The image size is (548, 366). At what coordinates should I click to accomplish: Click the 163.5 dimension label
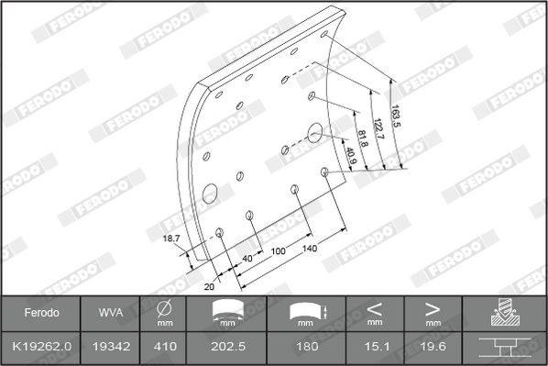point(395,116)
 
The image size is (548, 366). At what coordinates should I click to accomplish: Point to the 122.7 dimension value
point(378,128)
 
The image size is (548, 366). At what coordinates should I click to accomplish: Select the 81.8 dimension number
point(363,139)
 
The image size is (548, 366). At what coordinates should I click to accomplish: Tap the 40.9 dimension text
point(351,155)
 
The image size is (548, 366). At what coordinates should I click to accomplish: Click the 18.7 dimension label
point(171,238)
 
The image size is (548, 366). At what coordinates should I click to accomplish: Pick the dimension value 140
point(310,249)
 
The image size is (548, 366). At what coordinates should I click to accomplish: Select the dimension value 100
point(279,251)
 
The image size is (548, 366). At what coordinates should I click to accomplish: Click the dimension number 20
point(209,286)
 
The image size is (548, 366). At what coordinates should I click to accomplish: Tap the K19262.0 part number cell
point(41,347)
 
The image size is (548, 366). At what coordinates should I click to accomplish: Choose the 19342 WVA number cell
point(111,347)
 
